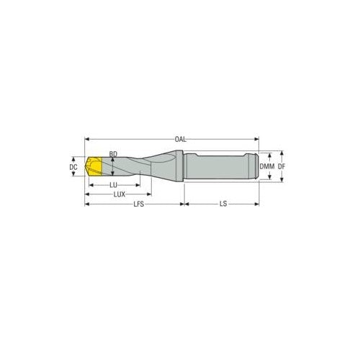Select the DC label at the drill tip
(x=73, y=167)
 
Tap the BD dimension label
(x=112, y=153)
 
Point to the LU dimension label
(x=114, y=185)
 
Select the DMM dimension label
(x=268, y=167)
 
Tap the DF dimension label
(x=282, y=167)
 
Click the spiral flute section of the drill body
(x=133, y=168)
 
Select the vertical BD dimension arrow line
(x=113, y=169)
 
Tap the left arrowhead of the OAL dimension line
(x=88, y=139)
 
